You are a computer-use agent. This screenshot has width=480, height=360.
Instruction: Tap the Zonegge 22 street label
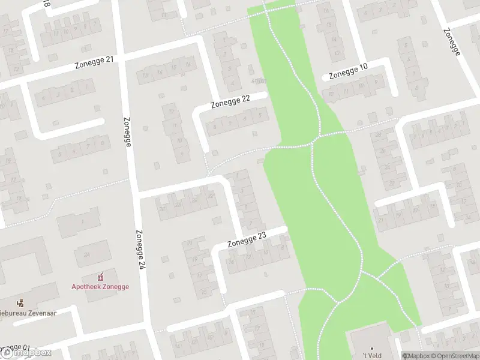click(x=230, y=103)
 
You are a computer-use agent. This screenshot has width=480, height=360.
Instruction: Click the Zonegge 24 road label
click(x=141, y=249)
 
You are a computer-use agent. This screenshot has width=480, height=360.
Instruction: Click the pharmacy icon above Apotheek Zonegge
click(x=100, y=277)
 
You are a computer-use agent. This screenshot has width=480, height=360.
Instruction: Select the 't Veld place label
click(x=372, y=356)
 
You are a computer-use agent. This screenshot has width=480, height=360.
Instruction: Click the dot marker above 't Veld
click(x=372, y=348)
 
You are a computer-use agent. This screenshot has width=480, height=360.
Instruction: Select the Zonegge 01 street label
click(x=15, y=349)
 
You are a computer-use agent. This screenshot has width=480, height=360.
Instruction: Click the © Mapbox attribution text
click(x=417, y=356)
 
